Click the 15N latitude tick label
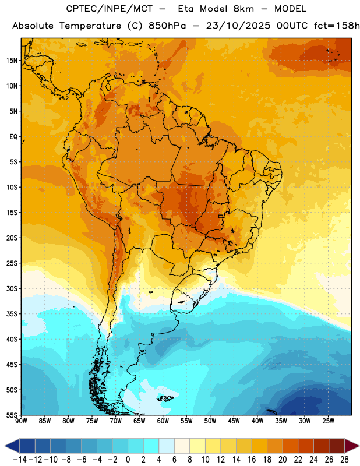(x=12, y=61)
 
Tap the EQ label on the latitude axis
(x=13, y=137)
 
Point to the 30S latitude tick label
(x=12, y=288)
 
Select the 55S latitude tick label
(x=12, y=415)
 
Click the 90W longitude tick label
(x=22, y=421)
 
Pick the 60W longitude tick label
(x=163, y=421)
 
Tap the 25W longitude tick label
(x=328, y=421)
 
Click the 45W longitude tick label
(x=234, y=421)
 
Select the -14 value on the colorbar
(x=20, y=460)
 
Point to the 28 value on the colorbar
(x=344, y=460)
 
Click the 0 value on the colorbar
(x=128, y=460)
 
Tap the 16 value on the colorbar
(x=252, y=460)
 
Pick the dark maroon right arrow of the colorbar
(x=352, y=446)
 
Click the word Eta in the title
(x=185, y=9)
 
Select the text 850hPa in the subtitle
(x=167, y=26)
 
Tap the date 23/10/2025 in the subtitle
(x=238, y=26)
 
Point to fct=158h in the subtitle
(x=337, y=26)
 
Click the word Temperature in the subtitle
(x=90, y=26)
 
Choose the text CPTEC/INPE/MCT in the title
(x=110, y=9)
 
